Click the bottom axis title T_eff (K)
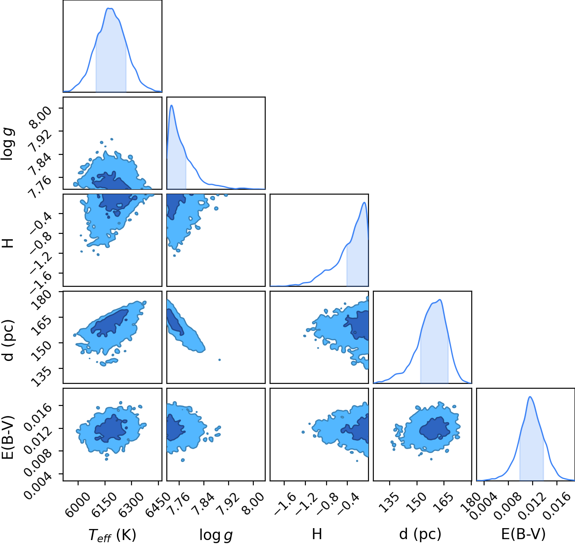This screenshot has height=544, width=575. pyautogui.click(x=113, y=535)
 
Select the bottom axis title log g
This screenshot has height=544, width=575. pyautogui.click(x=216, y=535)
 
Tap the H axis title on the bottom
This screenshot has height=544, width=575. pyautogui.click(x=317, y=534)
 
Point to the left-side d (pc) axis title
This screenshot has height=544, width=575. pyautogui.click(x=9, y=337)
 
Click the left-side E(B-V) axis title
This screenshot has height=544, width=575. pyautogui.click(x=8, y=434)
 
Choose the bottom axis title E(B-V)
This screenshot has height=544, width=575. pyautogui.click(x=523, y=534)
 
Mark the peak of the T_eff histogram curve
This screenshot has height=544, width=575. pyautogui.click(x=110, y=8)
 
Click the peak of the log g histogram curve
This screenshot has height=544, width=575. pyautogui.click(x=172, y=105)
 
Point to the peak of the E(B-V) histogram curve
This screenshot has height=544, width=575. pyautogui.click(x=530, y=397)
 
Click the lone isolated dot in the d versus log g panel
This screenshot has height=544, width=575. pyautogui.click(x=219, y=360)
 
